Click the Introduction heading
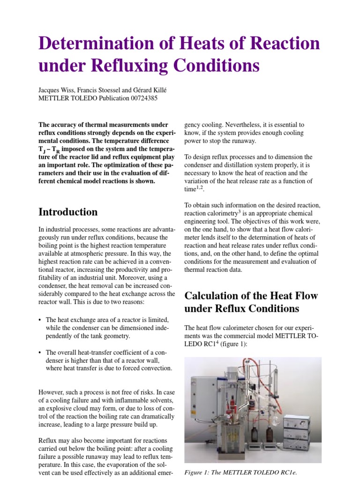coord(68,212)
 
